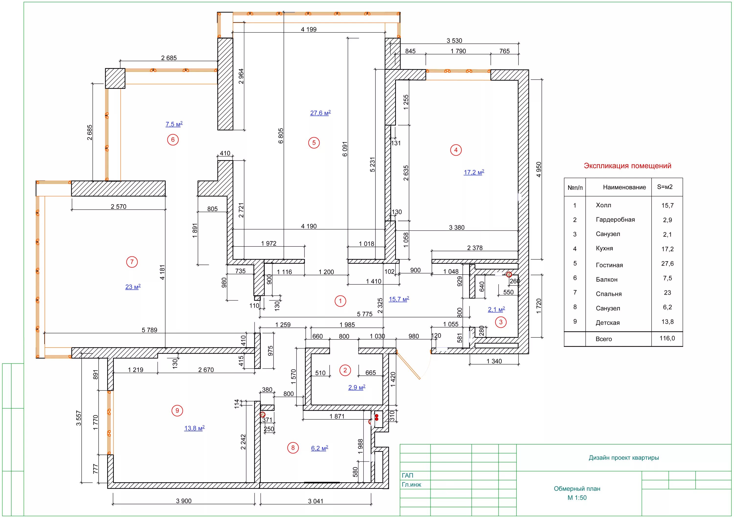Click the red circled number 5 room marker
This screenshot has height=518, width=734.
point(314,143)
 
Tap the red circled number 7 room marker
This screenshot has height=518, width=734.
point(132,262)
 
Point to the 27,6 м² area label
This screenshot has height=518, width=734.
point(320,113)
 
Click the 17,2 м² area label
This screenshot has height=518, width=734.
point(474,172)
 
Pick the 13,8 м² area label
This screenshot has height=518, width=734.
point(194,428)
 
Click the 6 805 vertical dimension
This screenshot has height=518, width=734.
point(281,136)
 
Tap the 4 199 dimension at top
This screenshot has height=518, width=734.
point(309,29)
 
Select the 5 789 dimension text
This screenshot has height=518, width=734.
point(149,330)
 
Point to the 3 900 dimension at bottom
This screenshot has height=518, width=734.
point(184,501)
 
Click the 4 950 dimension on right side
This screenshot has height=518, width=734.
point(539,169)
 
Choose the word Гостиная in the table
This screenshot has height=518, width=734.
point(609,265)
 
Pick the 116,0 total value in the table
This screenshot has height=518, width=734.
point(667,338)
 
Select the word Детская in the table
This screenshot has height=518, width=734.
point(608,323)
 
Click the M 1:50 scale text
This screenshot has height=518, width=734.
point(577,497)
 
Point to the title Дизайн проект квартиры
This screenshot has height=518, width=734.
point(623,458)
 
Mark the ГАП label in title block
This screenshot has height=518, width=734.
point(407,475)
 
